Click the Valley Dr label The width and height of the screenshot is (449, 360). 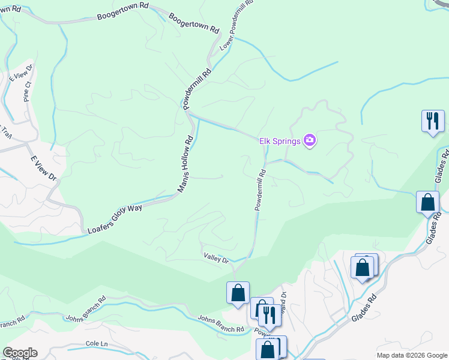(x=216, y=259)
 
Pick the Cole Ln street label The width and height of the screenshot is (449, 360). (x=96, y=343)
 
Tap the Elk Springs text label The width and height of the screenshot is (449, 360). (x=279, y=141)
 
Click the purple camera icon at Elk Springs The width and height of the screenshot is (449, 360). (x=310, y=141)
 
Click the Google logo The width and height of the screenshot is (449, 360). (x=20, y=353)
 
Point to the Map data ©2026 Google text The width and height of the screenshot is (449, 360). (x=412, y=355)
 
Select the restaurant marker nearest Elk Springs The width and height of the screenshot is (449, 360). (x=432, y=121)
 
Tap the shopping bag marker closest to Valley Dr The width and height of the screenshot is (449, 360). (x=238, y=293)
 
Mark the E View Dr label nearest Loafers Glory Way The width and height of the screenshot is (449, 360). (x=44, y=170)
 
